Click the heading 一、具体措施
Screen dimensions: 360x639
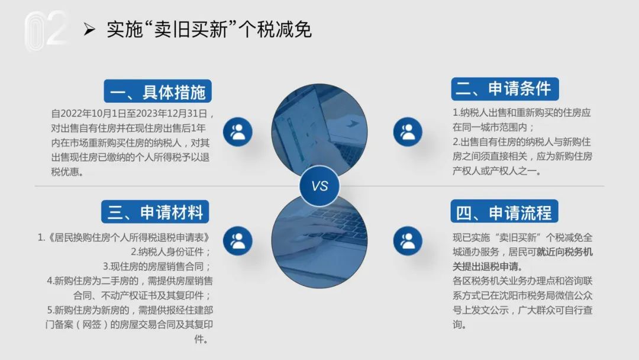click(157, 91)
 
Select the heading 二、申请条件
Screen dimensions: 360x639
click(504, 89)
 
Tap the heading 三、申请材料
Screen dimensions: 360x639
click(156, 211)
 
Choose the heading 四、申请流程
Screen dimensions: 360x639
click(504, 211)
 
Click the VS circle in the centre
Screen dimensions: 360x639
click(319, 185)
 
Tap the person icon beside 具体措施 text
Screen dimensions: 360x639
click(238, 131)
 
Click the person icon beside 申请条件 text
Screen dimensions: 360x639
click(408, 131)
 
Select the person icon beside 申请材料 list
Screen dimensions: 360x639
click(238, 240)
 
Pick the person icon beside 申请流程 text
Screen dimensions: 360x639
click(408, 240)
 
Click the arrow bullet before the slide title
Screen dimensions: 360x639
click(90, 30)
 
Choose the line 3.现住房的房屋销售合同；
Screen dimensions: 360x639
click(157, 266)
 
